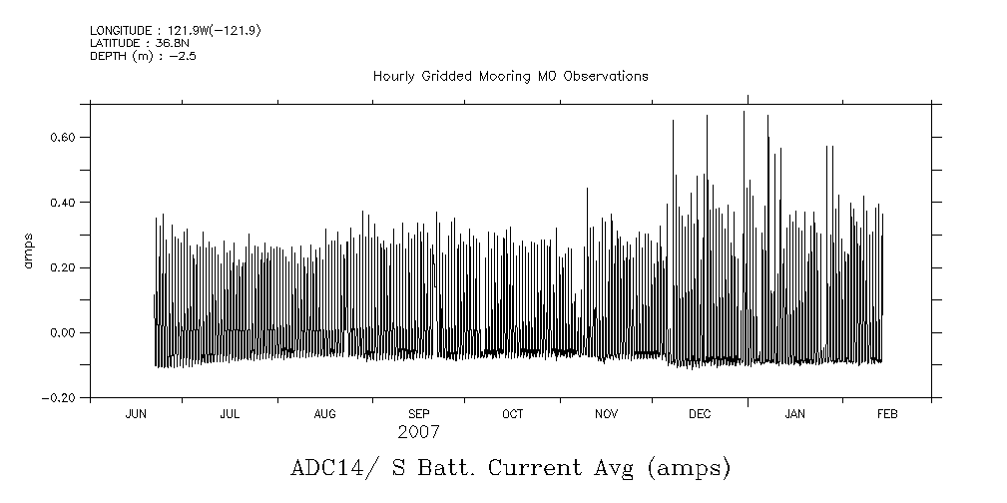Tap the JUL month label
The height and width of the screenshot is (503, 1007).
[230, 414]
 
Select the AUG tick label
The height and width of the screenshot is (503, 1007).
[324, 414]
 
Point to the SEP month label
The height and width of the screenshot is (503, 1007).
[418, 414]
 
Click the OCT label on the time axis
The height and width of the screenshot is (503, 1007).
[512, 414]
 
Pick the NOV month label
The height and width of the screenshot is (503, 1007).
[607, 414]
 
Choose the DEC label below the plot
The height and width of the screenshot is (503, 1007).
[700, 414]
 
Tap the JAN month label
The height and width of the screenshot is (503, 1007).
[794, 414]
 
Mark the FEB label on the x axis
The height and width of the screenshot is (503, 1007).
[885, 414]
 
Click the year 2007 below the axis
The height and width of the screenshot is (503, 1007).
[418, 433]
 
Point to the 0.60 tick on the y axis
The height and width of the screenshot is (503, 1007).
[63, 137]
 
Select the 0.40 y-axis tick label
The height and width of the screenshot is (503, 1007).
[63, 203]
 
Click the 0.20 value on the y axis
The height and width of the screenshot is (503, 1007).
[63, 267]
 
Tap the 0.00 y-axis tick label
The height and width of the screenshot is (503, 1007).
[63, 333]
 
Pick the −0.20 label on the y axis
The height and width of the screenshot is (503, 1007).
[60, 398]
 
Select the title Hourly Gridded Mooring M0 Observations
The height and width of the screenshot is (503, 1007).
[510, 76]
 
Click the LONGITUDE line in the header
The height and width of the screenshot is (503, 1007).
[176, 31]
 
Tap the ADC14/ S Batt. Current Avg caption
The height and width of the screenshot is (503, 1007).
[510, 467]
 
